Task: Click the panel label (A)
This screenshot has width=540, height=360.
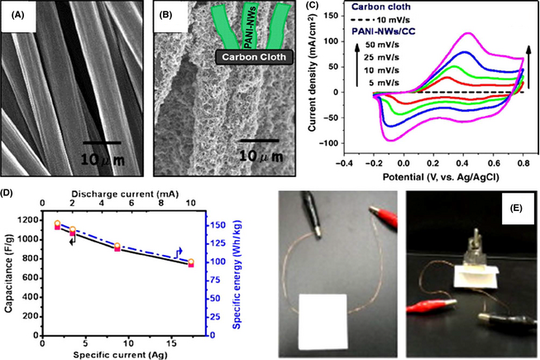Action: click(17, 15)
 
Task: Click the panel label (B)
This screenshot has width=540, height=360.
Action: click(165, 16)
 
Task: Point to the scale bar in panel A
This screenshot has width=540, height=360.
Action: click(106, 142)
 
